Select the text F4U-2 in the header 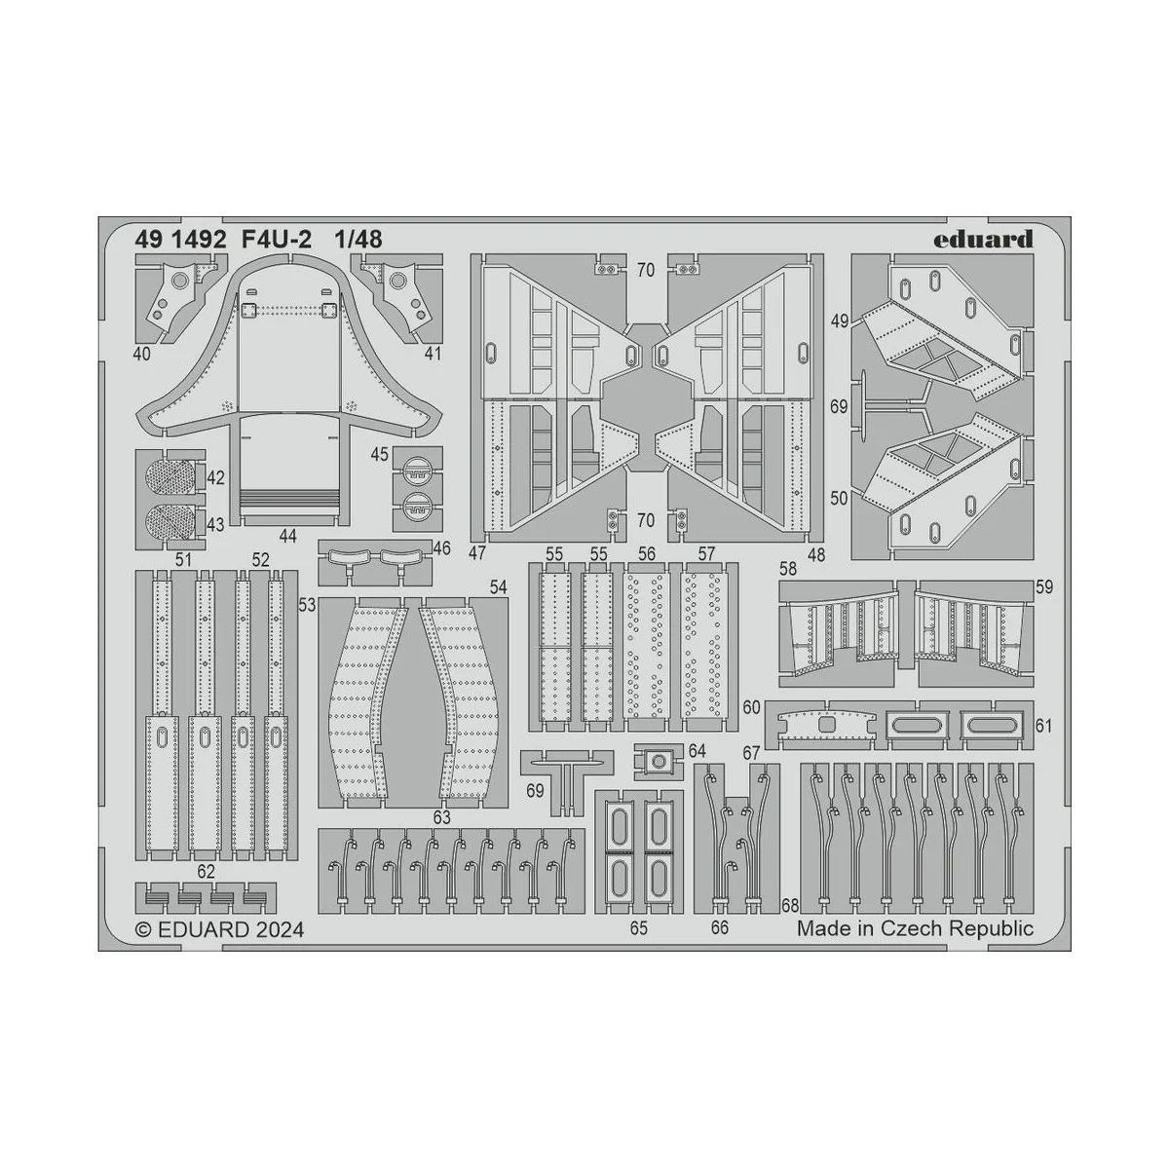[276, 240]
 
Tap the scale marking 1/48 [358, 240]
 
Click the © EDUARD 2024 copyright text [218, 929]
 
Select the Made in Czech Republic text [915, 928]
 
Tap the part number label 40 [142, 355]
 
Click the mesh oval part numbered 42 [169, 478]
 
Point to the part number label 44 [286, 536]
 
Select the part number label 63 [442, 816]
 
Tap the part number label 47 [477, 553]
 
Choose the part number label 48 [814, 553]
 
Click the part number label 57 [707, 553]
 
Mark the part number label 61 [1044, 726]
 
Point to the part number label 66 [719, 928]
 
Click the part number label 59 [1044, 587]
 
